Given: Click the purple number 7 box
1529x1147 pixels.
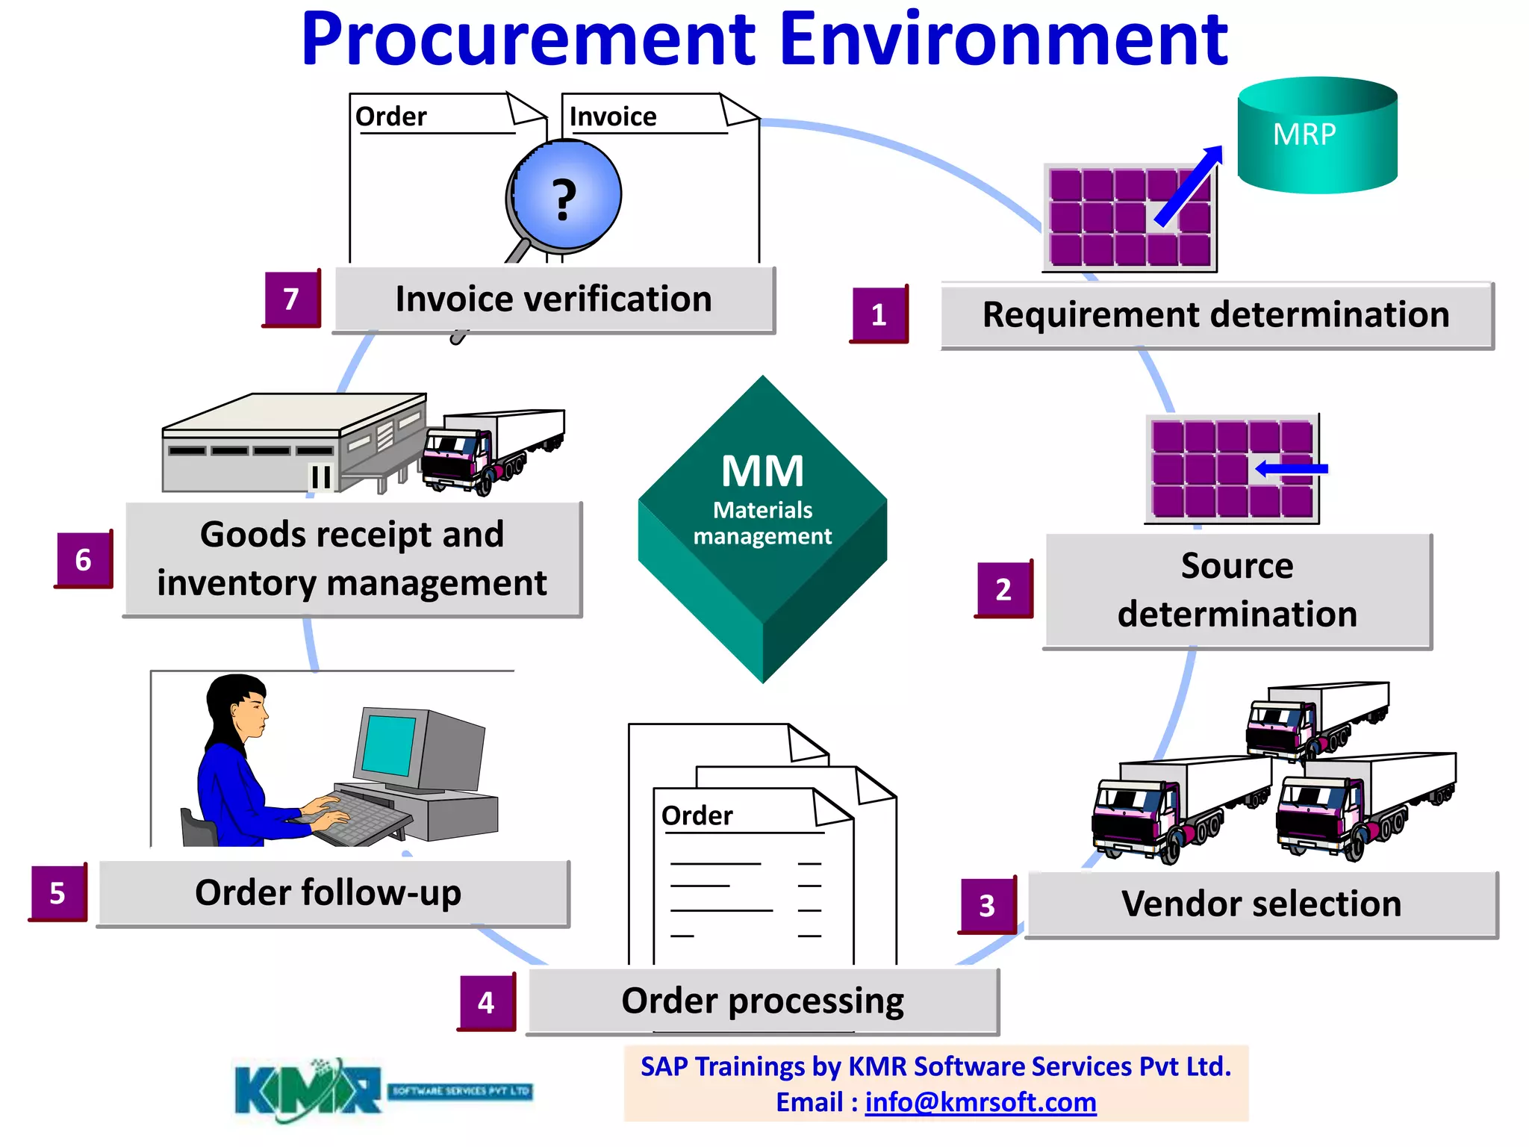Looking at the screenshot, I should (x=292, y=299).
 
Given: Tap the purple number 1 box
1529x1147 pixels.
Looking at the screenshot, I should (x=879, y=314).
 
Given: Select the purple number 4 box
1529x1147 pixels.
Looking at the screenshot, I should (x=487, y=1002).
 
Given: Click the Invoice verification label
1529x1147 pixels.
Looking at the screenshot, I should (x=553, y=299).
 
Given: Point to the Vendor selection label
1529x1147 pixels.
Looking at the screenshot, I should (x=1261, y=904).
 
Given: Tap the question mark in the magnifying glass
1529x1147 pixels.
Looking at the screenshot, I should (x=565, y=199).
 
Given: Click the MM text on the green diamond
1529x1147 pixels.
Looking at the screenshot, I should (x=762, y=471).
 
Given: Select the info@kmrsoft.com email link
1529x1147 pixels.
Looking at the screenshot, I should (x=980, y=1102).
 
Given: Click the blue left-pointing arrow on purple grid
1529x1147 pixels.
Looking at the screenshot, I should (x=1291, y=469).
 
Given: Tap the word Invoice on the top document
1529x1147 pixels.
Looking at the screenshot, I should (x=613, y=116).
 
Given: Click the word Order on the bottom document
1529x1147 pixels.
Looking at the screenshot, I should (x=697, y=815).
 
